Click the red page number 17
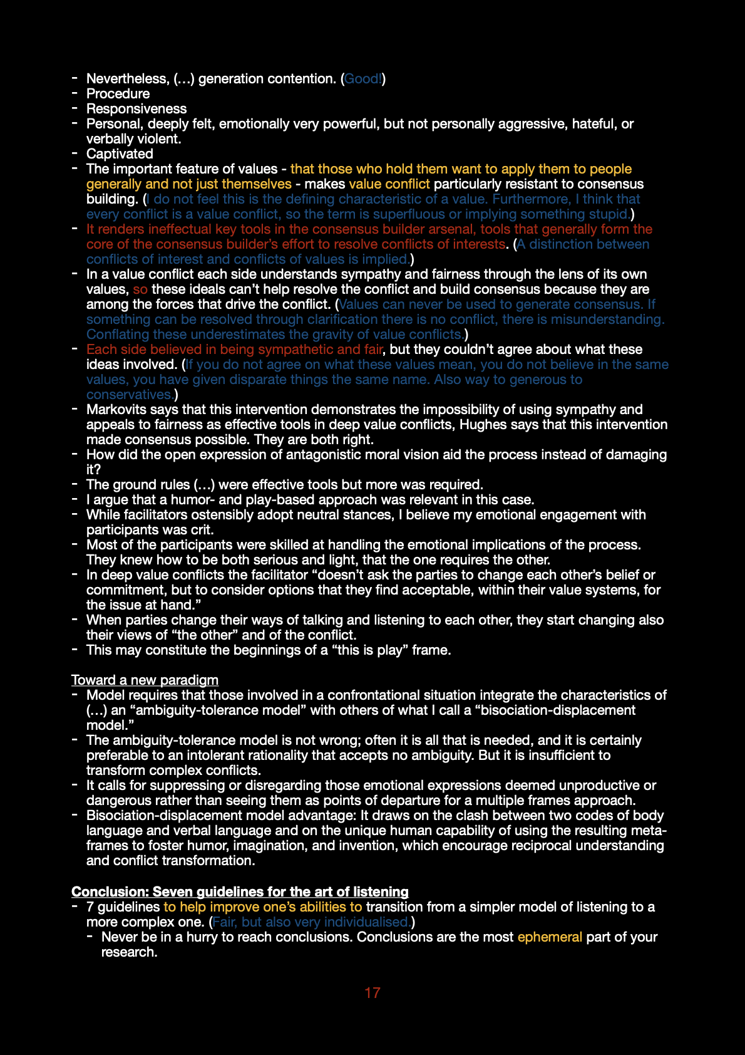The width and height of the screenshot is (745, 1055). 372,993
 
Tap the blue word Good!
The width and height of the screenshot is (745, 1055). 363,79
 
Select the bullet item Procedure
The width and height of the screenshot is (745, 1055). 118,94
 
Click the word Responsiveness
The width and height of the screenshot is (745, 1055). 136,109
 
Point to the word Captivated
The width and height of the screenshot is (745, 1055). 120,154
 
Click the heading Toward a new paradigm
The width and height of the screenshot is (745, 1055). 145,680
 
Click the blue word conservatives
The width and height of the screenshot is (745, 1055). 130,395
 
